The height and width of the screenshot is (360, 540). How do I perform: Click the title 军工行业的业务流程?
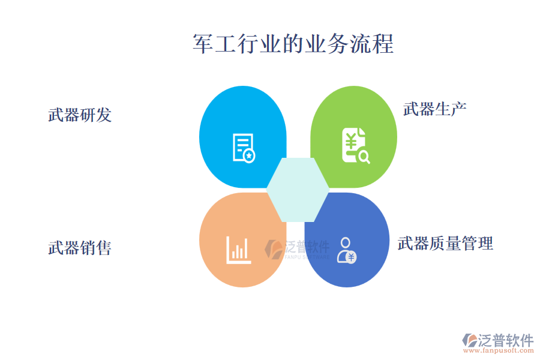293,44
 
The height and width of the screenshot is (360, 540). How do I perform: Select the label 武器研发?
80,115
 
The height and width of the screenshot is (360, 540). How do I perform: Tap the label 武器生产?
434,109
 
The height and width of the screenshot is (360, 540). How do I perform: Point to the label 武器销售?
80,248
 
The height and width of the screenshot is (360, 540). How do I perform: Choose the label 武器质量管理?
445,243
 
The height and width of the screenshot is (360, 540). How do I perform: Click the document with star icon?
244,148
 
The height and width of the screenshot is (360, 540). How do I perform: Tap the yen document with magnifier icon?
356,145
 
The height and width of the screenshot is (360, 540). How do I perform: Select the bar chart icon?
238,250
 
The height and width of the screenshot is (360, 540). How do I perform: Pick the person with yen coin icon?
346,250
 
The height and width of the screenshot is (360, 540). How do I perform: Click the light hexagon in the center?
298,190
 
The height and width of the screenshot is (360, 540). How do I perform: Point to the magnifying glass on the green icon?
364,157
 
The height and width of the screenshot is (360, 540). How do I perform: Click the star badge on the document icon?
250,156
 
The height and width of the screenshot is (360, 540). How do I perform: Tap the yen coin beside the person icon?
351,257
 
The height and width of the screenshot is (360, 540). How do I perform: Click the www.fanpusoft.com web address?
499,350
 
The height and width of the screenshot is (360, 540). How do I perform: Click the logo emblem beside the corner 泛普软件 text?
470,340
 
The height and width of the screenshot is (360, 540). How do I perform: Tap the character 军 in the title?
203,44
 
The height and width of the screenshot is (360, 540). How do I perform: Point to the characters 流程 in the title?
372,44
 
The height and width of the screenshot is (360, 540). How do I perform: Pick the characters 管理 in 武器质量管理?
478,243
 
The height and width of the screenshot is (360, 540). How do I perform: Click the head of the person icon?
345,242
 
